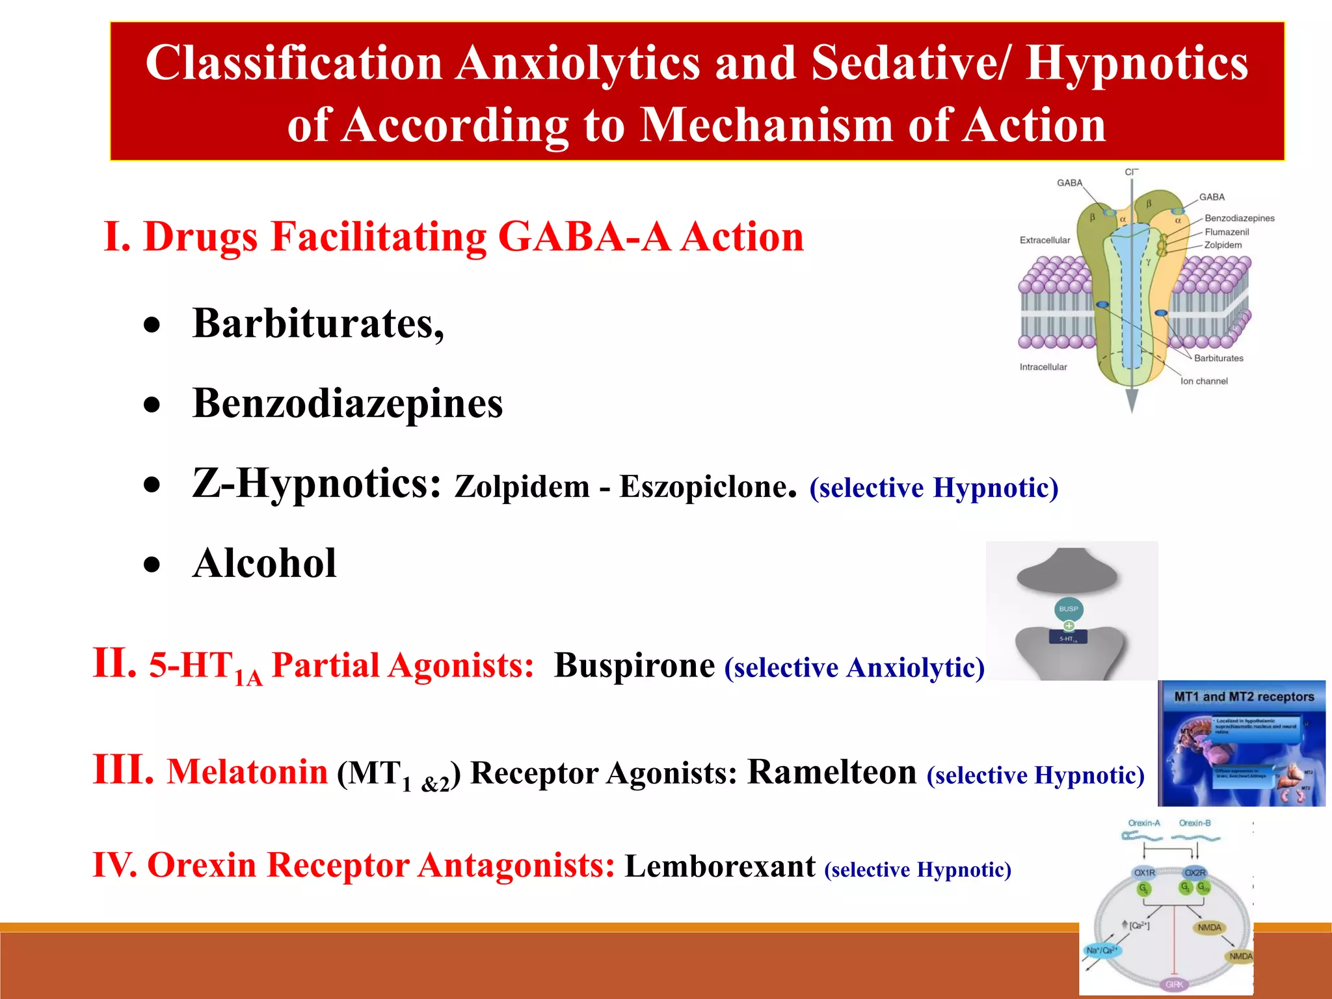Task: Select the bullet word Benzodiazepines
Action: (347, 403)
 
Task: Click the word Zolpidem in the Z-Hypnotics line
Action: (522, 486)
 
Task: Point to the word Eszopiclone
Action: (704, 486)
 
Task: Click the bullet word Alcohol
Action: (264, 563)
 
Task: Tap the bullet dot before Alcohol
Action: (152, 565)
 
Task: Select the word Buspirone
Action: (634, 665)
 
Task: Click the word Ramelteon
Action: (832, 772)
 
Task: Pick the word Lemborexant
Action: (720, 866)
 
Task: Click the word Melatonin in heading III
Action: (247, 772)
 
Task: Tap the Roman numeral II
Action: (114, 664)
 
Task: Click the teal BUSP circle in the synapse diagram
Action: (1068, 609)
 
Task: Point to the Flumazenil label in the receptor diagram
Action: (1227, 232)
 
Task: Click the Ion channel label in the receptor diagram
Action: (1204, 381)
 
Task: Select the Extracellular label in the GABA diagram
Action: (1045, 240)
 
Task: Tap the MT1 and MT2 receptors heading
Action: (1244, 697)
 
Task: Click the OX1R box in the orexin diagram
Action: (1144, 872)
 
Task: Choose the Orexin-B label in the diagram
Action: (1195, 823)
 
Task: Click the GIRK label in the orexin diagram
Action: (1174, 984)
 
